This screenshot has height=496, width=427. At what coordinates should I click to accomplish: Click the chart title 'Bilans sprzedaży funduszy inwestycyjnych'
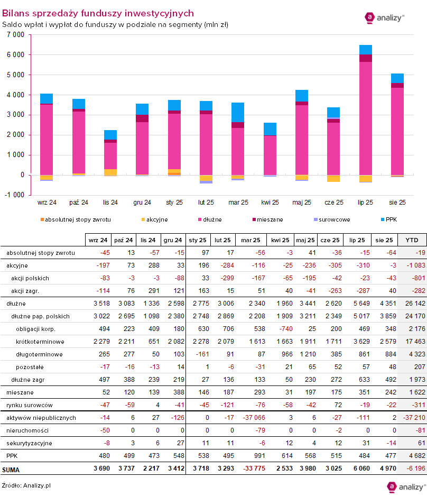click(98, 13)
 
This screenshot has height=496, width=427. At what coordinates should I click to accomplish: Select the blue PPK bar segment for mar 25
click(238, 112)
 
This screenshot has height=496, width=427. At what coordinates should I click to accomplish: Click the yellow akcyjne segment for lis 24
click(110, 172)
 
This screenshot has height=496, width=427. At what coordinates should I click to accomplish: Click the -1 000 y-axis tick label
click(15, 195)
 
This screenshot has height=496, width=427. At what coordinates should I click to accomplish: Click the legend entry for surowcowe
click(331, 219)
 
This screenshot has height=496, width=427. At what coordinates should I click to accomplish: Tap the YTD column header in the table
click(411, 240)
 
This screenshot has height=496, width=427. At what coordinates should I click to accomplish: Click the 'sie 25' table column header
click(384, 240)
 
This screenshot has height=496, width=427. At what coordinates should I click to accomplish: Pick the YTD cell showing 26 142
click(411, 304)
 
